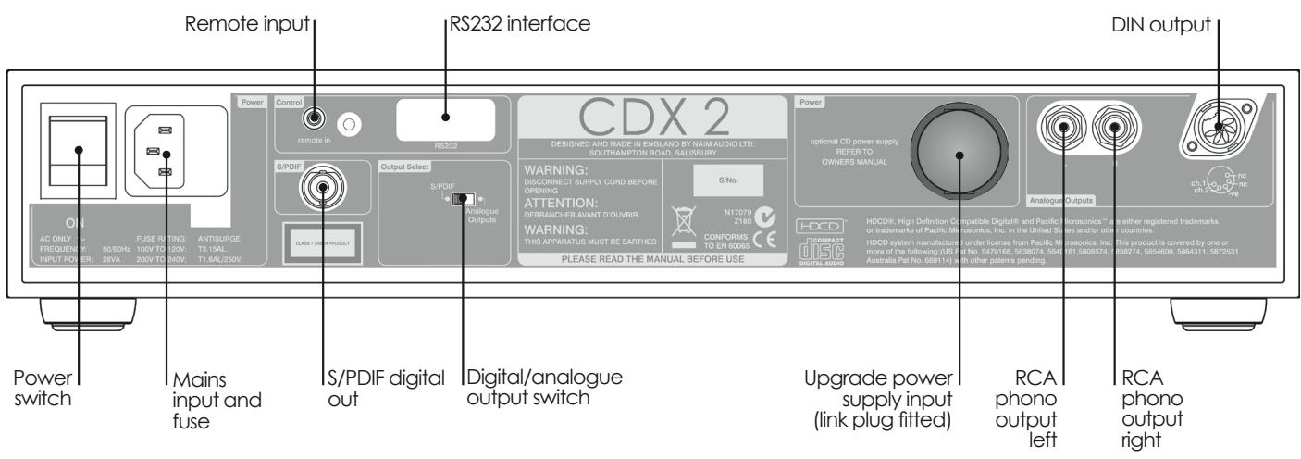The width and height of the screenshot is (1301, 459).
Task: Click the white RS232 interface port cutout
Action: [444, 118]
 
